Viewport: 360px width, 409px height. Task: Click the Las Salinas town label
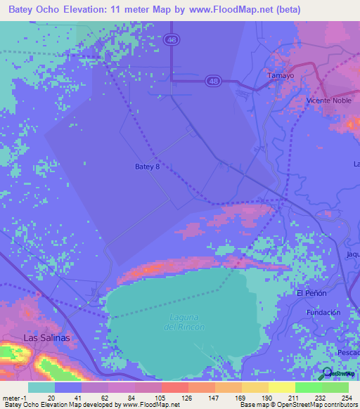[47, 337]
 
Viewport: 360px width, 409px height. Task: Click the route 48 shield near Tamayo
[212, 82]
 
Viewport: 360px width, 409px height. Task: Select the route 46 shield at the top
[172, 41]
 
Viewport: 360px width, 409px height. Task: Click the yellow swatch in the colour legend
[281, 387]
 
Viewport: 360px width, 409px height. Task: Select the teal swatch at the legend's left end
[41, 387]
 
